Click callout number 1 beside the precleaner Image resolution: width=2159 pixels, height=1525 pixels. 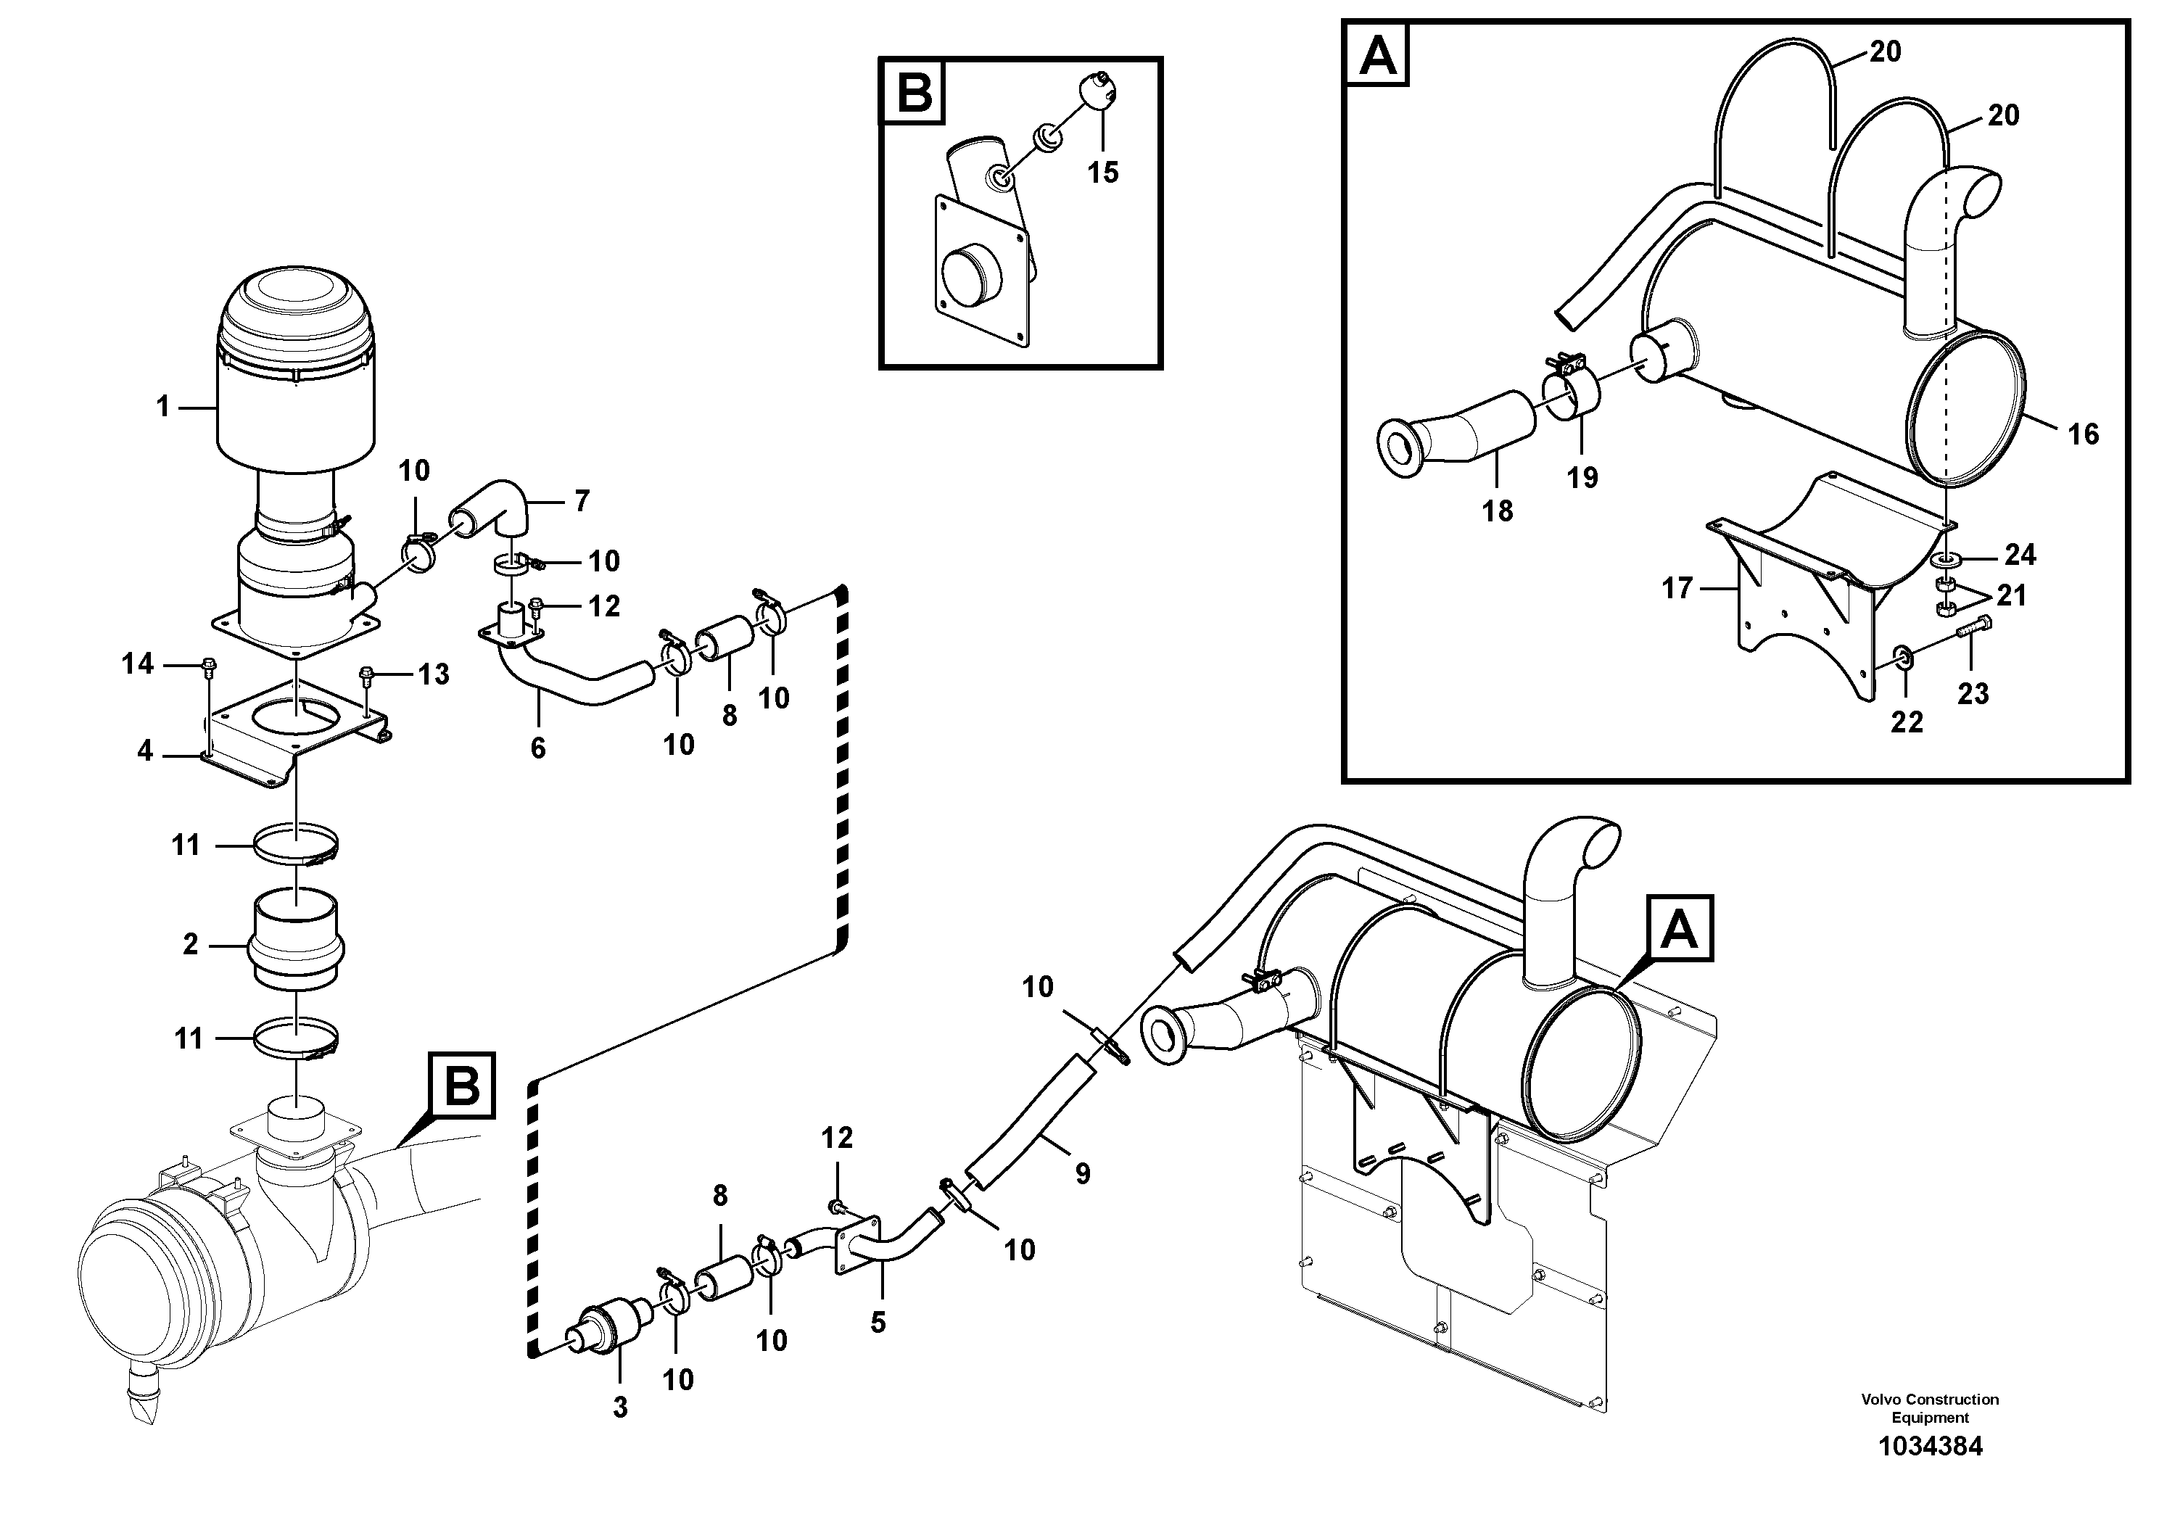tap(162, 407)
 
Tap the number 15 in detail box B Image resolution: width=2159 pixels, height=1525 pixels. tap(1103, 173)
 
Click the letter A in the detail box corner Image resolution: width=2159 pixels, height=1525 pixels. tap(1379, 55)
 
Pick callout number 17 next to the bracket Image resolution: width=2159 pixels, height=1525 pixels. tap(1677, 589)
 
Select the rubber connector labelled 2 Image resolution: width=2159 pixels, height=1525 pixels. tap(295, 941)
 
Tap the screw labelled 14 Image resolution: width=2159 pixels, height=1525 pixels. tap(207, 666)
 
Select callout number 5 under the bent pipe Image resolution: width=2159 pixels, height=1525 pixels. tap(878, 1323)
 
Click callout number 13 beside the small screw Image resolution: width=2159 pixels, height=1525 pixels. tap(434, 674)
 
